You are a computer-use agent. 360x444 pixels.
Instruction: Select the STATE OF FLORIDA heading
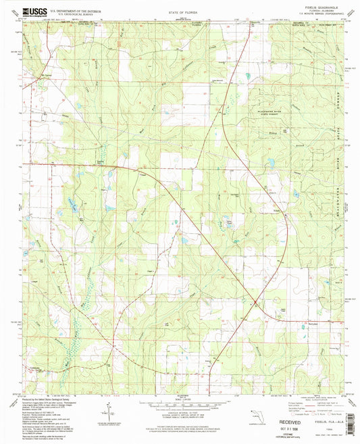point(180,12)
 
